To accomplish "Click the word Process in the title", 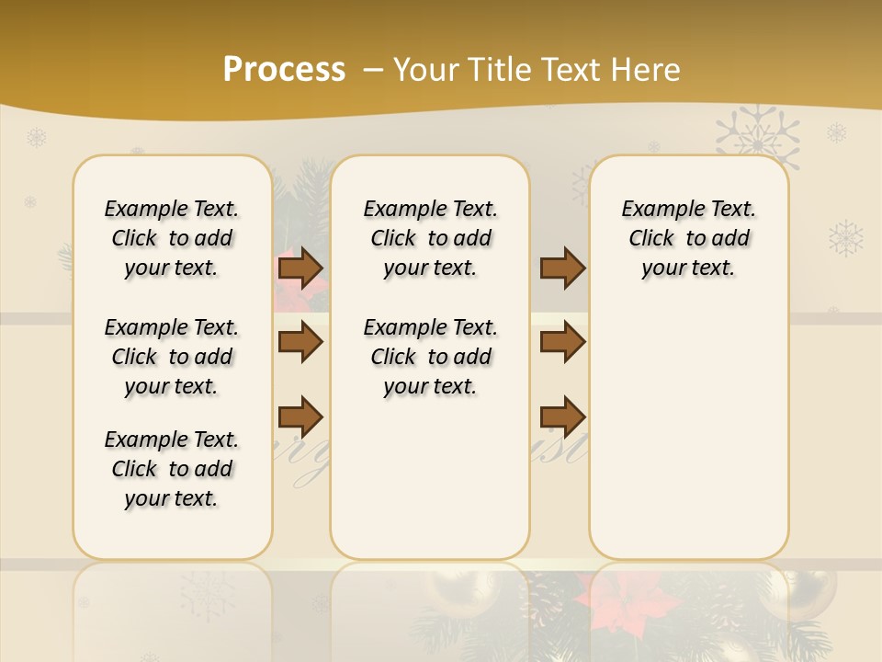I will [x=284, y=70].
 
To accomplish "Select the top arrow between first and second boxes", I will [x=300, y=268].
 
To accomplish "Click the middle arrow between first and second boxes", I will [x=300, y=343].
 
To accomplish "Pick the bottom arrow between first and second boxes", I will [x=300, y=417].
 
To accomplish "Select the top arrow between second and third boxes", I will [x=562, y=268].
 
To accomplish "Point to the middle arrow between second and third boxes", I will [x=562, y=343].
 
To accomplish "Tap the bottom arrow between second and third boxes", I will [x=562, y=417].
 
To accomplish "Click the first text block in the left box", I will [x=171, y=238].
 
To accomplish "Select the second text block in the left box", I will [x=171, y=357].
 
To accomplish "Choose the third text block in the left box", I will [x=171, y=469].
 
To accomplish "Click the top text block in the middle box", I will [x=430, y=238].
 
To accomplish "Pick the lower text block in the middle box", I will [x=430, y=357].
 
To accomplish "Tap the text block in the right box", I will [x=688, y=238].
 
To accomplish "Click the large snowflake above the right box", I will [x=757, y=138].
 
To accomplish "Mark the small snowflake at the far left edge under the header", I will [x=36, y=138].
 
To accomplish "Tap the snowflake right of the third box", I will [x=845, y=238].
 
